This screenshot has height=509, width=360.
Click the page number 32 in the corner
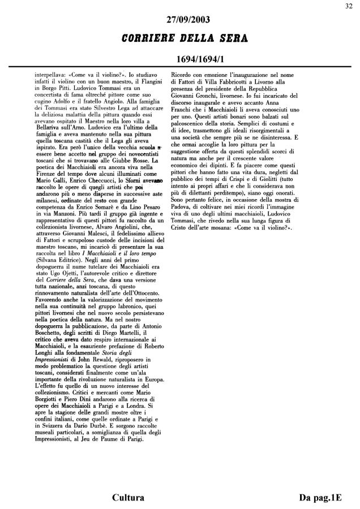pyautogui.click(x=352, y=6)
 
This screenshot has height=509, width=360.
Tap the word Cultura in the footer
pyautogui.click(x=128, y=498)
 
